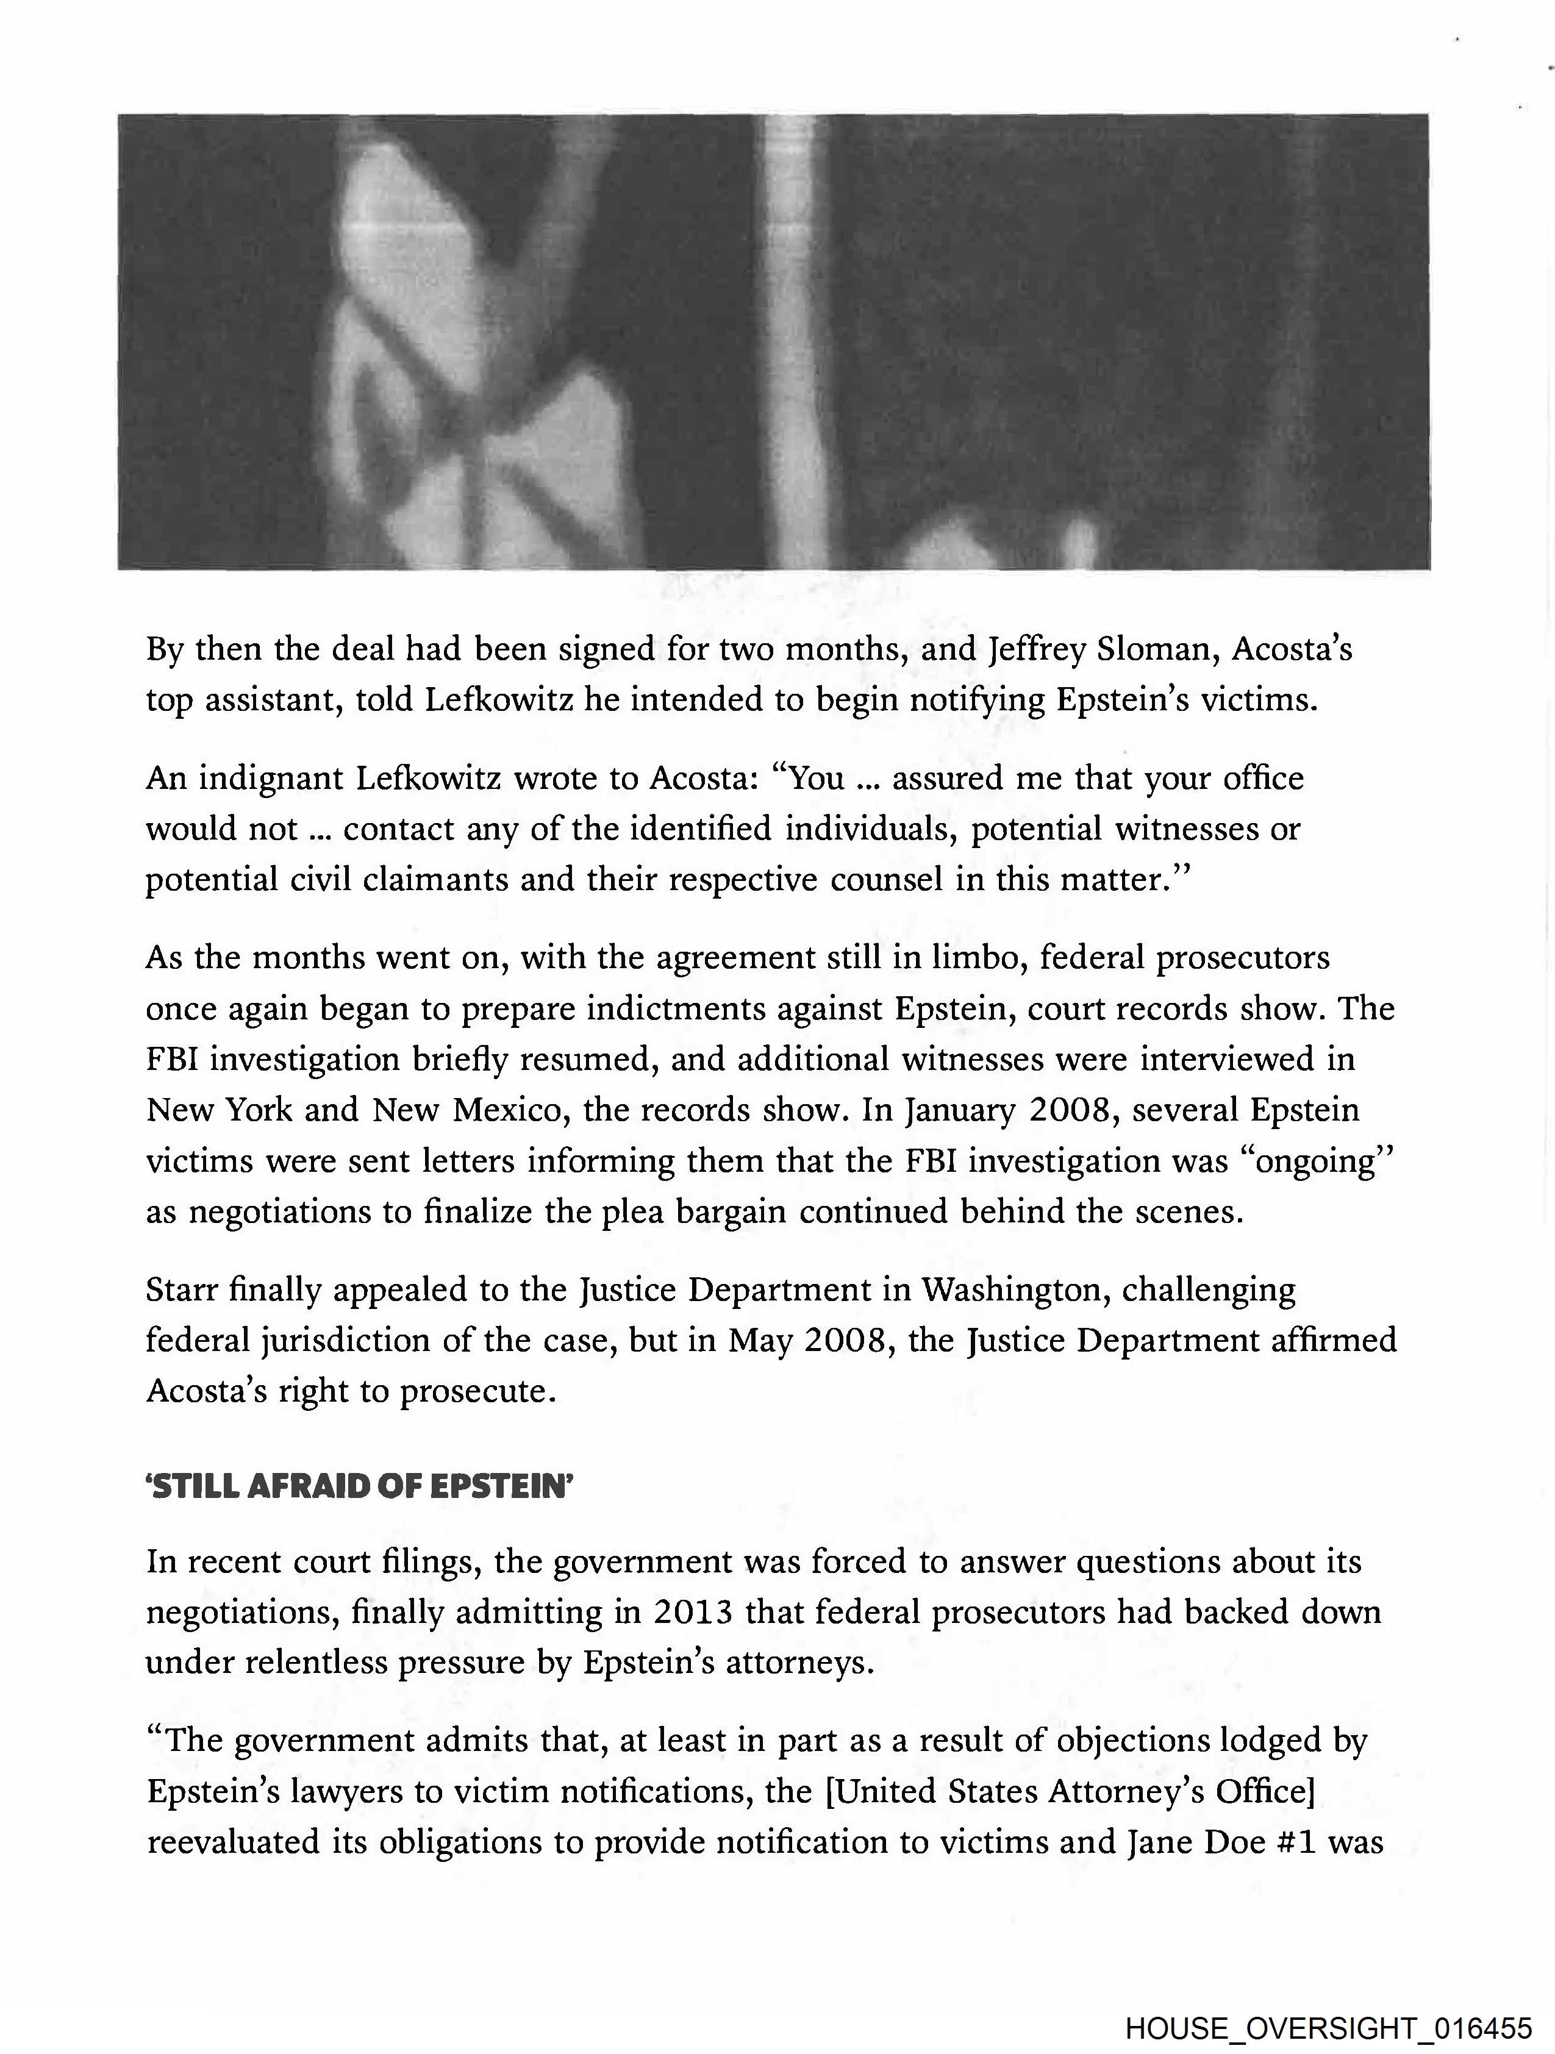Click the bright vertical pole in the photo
click(790, 344)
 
